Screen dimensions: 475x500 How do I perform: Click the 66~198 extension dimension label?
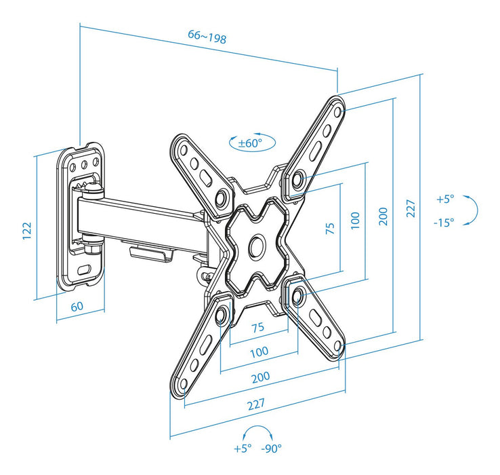(207, 37)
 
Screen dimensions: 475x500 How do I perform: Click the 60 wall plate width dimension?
(77, 305)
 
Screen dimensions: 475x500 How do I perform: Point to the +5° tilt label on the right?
(444, 199)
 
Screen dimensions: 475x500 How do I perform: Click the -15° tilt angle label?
(444, 222)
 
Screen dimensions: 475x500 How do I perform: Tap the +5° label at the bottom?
(243, 448)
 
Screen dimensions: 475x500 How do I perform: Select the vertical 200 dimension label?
(383, 216)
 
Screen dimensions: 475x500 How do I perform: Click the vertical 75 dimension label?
(330, 227)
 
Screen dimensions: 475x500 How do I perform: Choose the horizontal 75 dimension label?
(258, 327)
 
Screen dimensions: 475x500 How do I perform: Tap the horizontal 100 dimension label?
(259, 351)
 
